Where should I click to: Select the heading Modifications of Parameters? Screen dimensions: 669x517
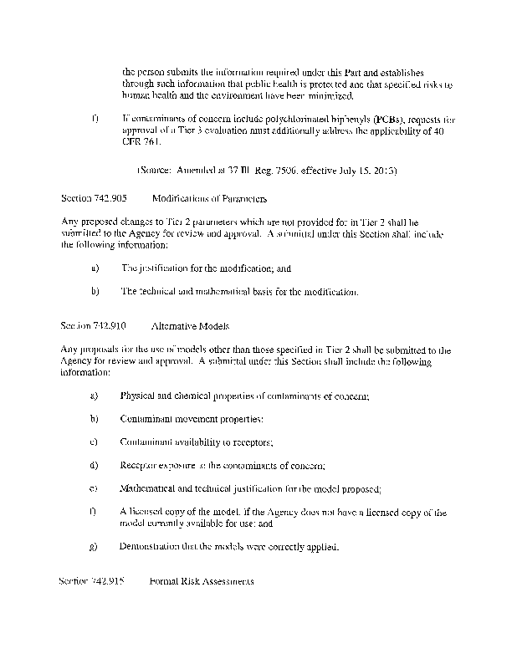click(210, 200)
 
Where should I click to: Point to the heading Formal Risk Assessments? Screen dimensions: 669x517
click(202, 580)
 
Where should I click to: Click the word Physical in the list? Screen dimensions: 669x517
click(138, 395)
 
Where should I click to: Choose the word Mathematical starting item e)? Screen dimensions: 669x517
click(150, 488)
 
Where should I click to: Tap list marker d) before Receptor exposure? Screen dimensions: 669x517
click(93, 465)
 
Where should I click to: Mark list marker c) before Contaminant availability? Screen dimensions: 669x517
click(93, 442)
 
